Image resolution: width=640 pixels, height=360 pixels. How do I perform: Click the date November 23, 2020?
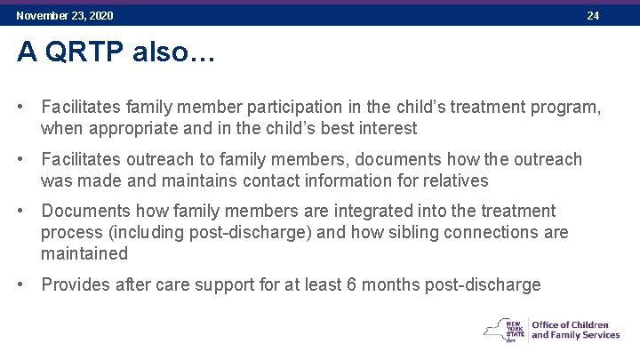[65, 16]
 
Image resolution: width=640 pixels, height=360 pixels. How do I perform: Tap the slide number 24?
[593, 16]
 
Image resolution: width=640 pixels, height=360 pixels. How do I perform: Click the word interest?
[387, 129]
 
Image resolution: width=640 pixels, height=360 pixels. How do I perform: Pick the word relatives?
[455, 180]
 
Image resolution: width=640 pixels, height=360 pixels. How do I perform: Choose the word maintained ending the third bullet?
[84, 253]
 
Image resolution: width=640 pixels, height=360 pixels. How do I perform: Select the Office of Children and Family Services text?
[575, 330]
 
